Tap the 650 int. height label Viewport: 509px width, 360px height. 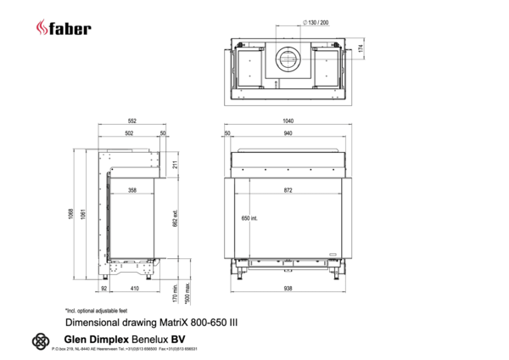coord(245,218)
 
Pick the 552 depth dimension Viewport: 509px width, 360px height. coord(131,121)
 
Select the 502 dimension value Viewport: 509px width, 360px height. coord(128,133)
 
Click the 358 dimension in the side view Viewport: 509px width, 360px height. coord(131,190)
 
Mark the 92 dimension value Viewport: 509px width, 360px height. coord(103,289)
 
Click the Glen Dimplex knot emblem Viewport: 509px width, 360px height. coord(39,341)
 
